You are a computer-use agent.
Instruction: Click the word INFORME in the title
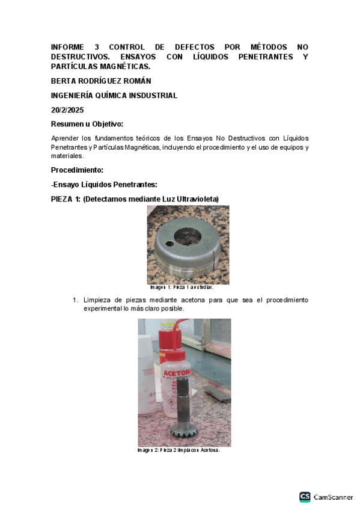[67, 47]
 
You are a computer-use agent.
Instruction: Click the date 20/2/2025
[67, 110]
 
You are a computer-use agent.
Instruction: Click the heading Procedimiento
[77, 170]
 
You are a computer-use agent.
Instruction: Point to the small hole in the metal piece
[171, 245]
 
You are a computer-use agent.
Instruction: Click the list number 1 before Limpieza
[76, 300]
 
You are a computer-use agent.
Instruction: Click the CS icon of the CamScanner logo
[305, 497]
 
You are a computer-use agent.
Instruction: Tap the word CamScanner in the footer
[333, 497]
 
